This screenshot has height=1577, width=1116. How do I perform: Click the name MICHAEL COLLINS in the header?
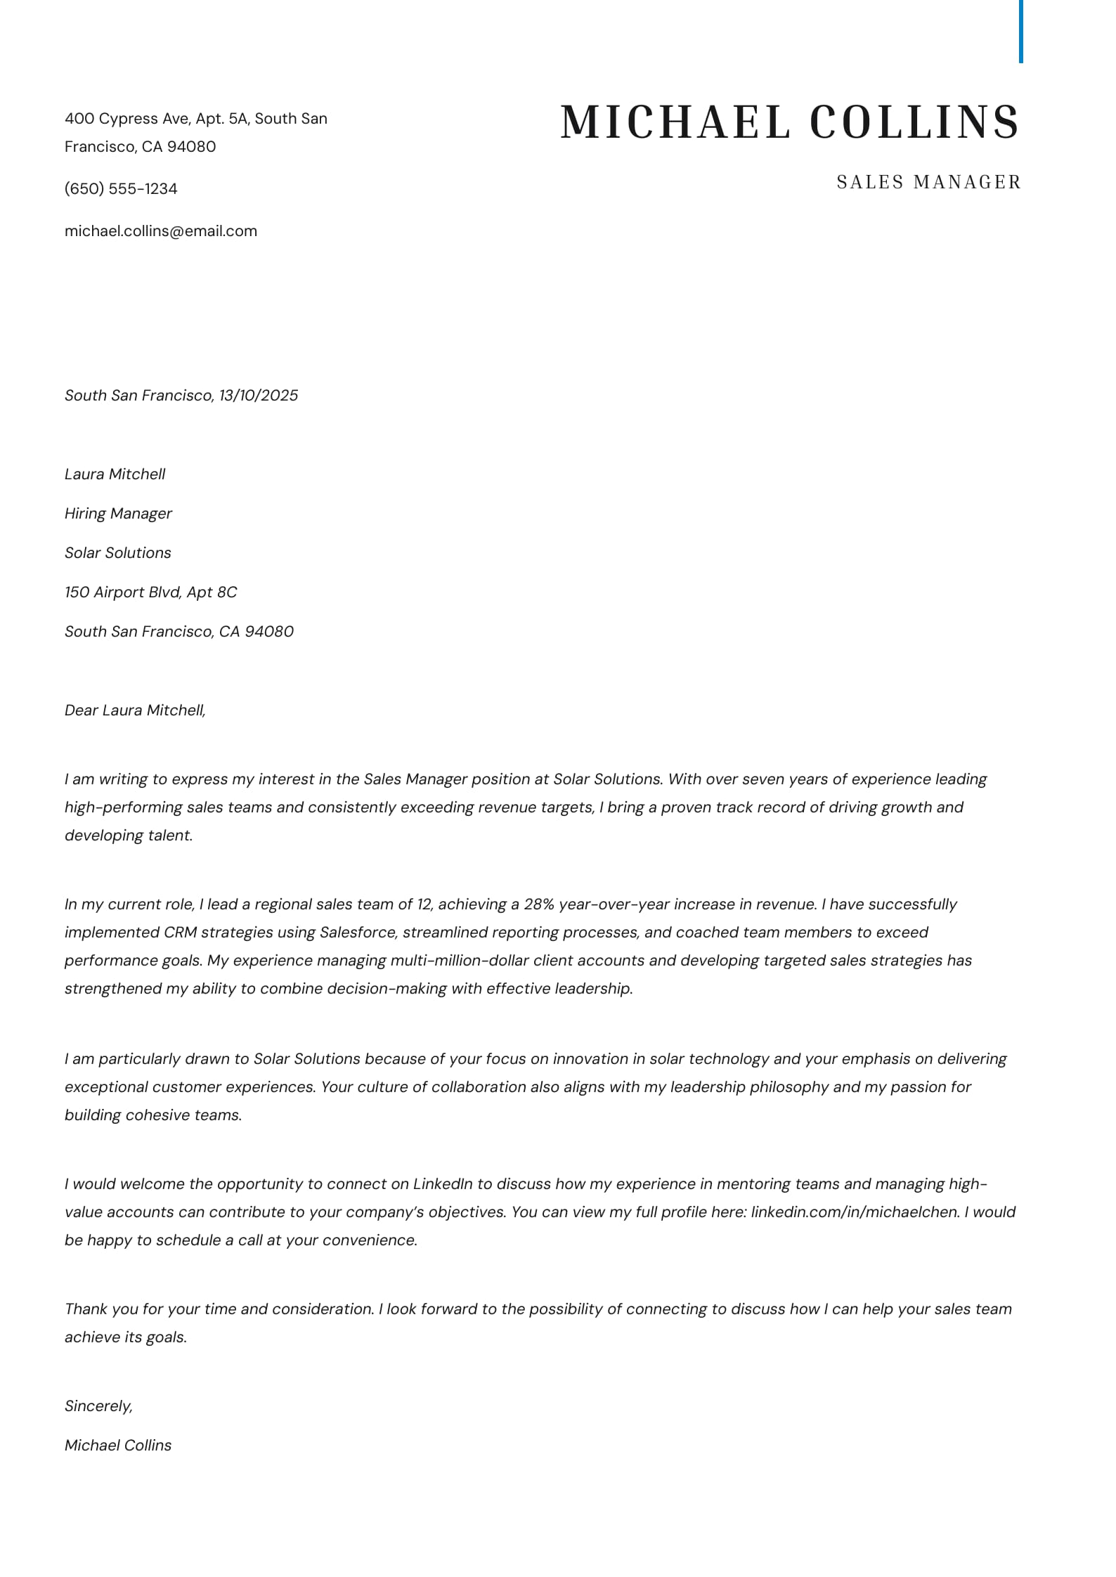[789, 122]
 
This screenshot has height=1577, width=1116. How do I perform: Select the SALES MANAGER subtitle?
[928, 182]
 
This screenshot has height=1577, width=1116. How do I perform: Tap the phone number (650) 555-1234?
[121, 189]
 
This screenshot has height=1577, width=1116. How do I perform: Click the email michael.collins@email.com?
[161, 231]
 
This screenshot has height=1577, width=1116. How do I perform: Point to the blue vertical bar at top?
[1020, 32]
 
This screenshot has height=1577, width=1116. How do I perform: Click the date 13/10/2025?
[259, 396]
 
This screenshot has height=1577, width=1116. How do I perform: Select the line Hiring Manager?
[118, 514]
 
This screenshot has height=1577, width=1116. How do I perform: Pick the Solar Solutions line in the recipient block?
[118, 553]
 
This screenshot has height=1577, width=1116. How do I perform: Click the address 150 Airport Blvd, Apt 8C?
[150, 592]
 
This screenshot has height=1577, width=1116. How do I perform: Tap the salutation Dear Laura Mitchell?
[135, 710]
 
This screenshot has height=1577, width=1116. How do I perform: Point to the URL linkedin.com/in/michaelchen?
[855, 1212]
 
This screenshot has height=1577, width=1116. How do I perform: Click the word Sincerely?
[98, 1406]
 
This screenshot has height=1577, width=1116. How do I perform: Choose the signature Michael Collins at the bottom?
[118, 1446]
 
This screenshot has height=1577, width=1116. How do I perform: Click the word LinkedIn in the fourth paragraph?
[443, 1184]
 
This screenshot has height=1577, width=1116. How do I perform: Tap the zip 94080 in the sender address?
[191, 147]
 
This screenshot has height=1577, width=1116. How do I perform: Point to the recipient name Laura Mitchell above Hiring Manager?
[115, 474]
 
